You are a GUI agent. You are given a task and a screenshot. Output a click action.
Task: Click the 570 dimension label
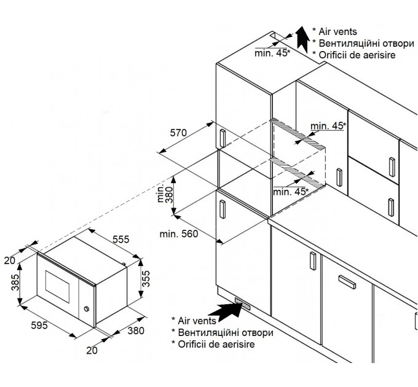tap(178, 133)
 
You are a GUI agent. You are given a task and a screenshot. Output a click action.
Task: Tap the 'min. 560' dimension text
tap(179, 234)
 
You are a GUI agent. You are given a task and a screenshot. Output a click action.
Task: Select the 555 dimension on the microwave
tap(120, 239)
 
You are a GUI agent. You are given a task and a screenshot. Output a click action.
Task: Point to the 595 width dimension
tap(39, 325)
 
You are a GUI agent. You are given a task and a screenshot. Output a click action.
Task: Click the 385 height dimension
tap(15, 283)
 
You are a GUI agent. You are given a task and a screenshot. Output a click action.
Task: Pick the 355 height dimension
tap(146, 279)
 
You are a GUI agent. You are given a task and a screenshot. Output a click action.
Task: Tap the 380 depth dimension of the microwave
tap(136, 330)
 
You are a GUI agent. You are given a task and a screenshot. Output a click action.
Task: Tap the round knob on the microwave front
tap(87, 309)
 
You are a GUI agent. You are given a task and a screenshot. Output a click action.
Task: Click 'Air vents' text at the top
tap(337, 31)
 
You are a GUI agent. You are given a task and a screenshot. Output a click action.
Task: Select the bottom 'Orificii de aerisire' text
tap(216, 344)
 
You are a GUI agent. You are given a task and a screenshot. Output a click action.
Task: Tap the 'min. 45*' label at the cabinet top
tap(272, 53)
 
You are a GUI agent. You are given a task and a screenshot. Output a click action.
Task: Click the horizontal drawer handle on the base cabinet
tap(347, 283)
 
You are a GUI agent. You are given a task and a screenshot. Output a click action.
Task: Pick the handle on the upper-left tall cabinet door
tap(223, 138)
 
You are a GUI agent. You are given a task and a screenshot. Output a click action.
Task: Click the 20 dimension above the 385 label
tap(10, 260)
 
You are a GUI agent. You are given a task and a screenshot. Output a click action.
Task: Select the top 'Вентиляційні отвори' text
tap(366, 43)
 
